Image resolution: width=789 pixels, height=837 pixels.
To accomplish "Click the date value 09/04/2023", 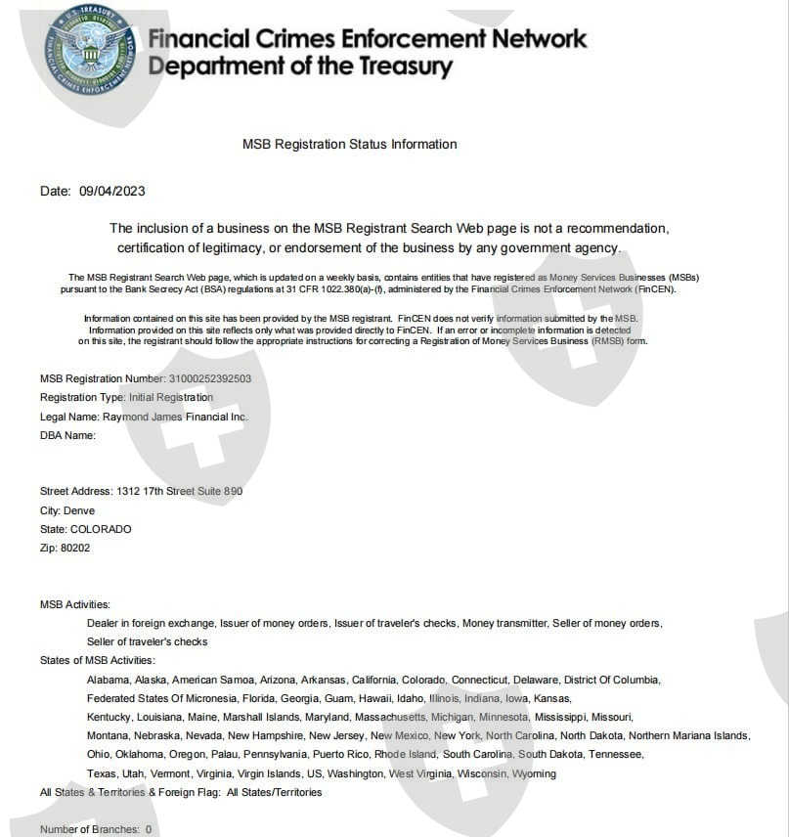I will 111,191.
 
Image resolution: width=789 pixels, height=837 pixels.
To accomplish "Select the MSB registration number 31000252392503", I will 210,378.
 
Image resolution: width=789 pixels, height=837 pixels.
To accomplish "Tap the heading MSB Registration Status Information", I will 349,144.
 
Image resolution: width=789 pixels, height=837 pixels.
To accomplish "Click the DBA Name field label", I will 67,435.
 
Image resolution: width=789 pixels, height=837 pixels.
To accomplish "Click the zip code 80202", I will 75,548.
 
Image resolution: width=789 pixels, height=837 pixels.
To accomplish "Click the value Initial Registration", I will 170,397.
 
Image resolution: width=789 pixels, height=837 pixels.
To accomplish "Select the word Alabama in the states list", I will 108,680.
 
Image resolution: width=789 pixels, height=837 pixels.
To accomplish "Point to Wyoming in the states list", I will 534,773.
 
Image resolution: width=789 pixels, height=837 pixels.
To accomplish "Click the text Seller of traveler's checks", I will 148,641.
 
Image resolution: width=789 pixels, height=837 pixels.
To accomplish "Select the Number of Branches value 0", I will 149,829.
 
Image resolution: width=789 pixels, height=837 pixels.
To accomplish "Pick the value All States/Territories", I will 274,792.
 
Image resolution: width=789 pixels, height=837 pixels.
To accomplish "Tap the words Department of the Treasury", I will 300,66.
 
